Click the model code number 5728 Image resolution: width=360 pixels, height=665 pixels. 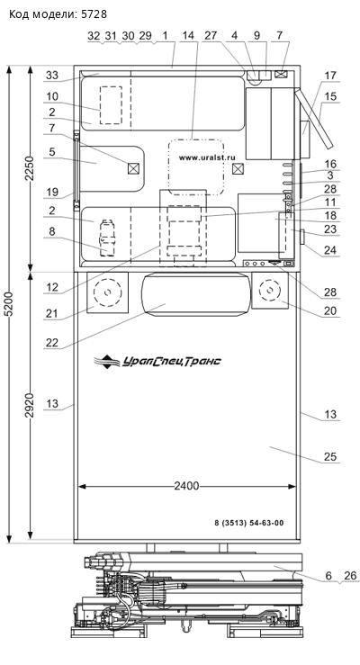pos(95,14)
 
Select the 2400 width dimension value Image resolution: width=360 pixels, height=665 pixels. pos(186,486)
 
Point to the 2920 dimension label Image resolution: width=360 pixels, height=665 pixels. pos(30,405)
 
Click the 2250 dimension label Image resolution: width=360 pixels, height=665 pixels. pos(30,169)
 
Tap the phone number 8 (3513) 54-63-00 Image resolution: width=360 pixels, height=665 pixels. pos(249,523)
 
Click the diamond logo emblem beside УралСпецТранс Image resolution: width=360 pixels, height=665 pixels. pos(107,362)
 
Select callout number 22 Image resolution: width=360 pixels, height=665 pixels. pos(51,343)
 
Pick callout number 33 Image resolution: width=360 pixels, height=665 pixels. pos(51,75)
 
